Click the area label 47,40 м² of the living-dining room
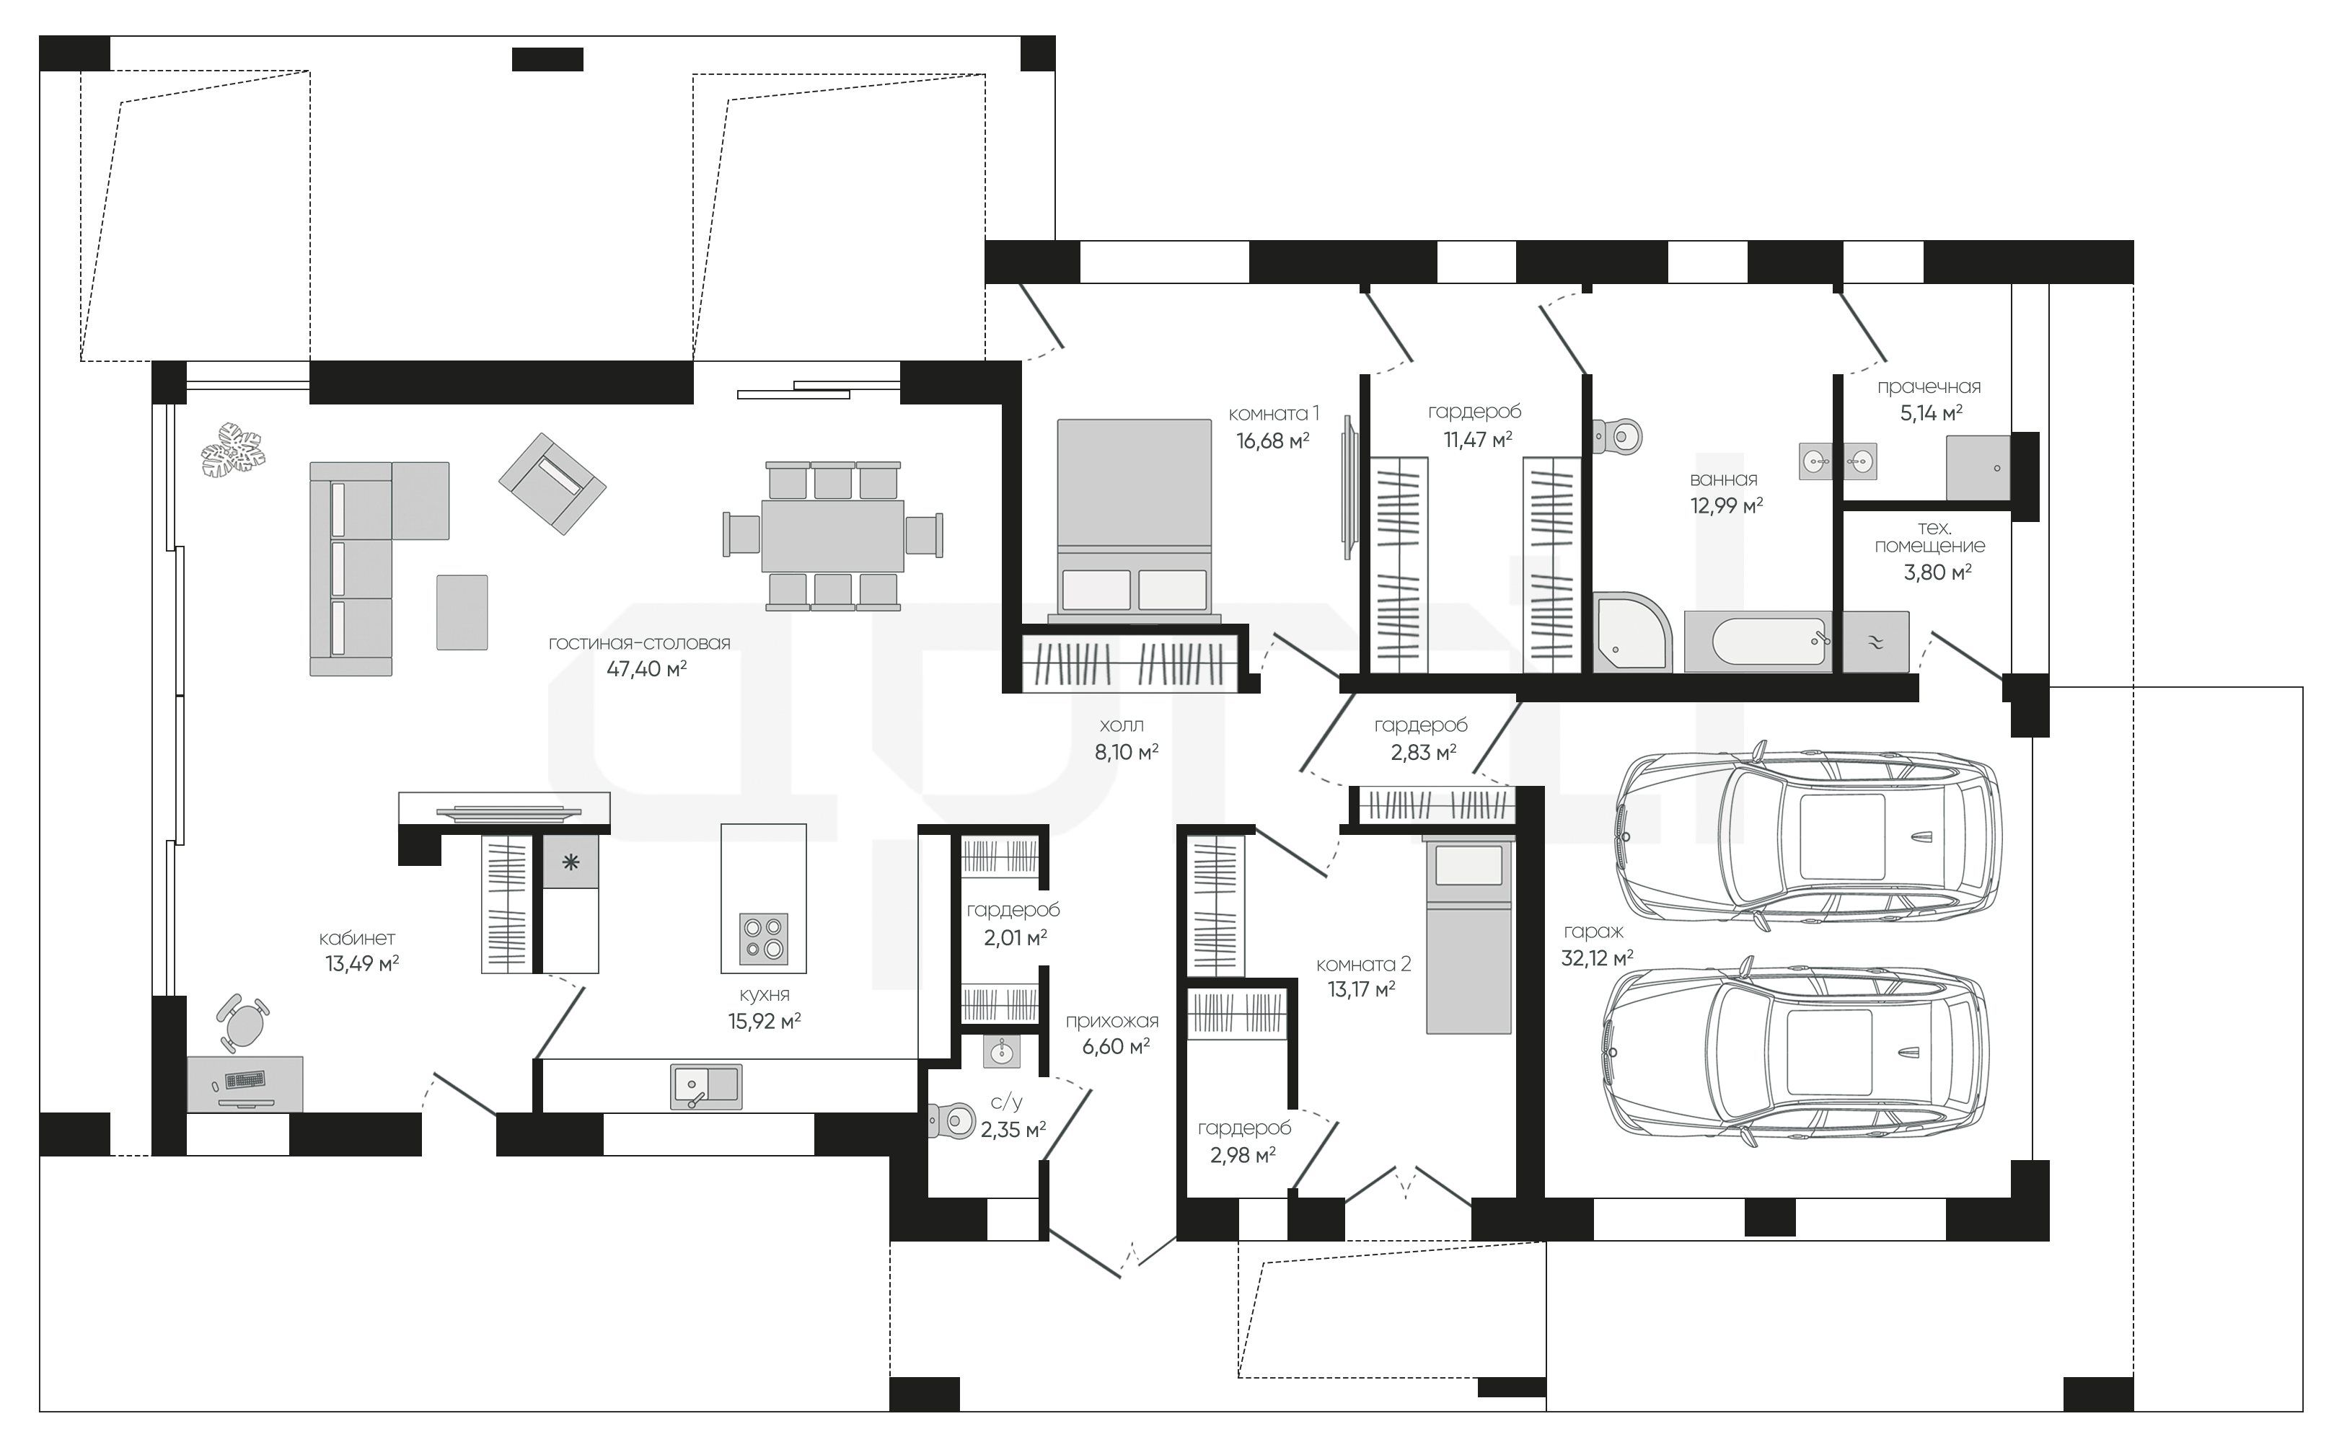click(647, 668)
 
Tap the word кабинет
click(357, 939)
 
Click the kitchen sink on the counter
click(707, 1087)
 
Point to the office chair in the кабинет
click(245, 1022)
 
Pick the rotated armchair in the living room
click(552, 484)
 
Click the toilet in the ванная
click(1619, 437)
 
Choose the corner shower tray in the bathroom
click(1633, 632)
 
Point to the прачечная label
click(1929, 387)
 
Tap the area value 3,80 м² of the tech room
click(1937, 572)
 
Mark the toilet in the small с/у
click(951, 1120)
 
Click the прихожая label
click(1112, 1022)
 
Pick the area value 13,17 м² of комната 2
click(1361, 990)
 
